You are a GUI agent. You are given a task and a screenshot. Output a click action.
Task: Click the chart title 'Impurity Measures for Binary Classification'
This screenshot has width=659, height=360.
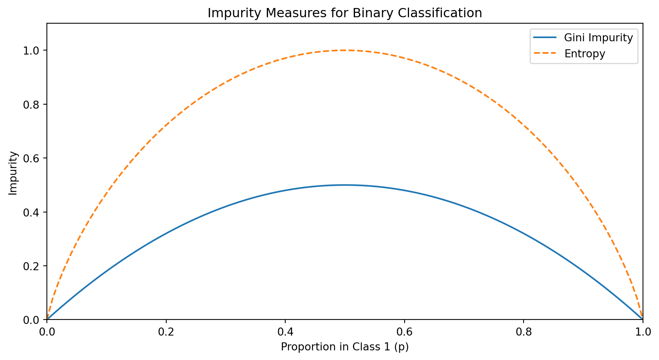click(x=345, y=13)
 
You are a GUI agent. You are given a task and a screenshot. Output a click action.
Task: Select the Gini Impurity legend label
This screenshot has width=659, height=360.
click(x=599, y=38)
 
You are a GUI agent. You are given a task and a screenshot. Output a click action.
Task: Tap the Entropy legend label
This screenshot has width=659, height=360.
click(x=584, y=54)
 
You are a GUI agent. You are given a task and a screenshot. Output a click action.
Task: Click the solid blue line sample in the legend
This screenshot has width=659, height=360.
click(x=545, y=38)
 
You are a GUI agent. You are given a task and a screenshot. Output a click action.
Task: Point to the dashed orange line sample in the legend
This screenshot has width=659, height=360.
click(x=545, y=53)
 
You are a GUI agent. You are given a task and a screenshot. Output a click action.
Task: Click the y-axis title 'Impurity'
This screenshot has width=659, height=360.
click(x=13, y=173)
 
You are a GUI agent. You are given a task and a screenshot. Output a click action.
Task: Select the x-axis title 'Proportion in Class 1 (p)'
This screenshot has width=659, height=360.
click(x=345, y=347)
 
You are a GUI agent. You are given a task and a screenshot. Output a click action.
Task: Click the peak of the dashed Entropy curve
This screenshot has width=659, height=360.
click(x=345, y=50)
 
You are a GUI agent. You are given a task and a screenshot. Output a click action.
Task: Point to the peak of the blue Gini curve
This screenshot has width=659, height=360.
click(x=345, y=185)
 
